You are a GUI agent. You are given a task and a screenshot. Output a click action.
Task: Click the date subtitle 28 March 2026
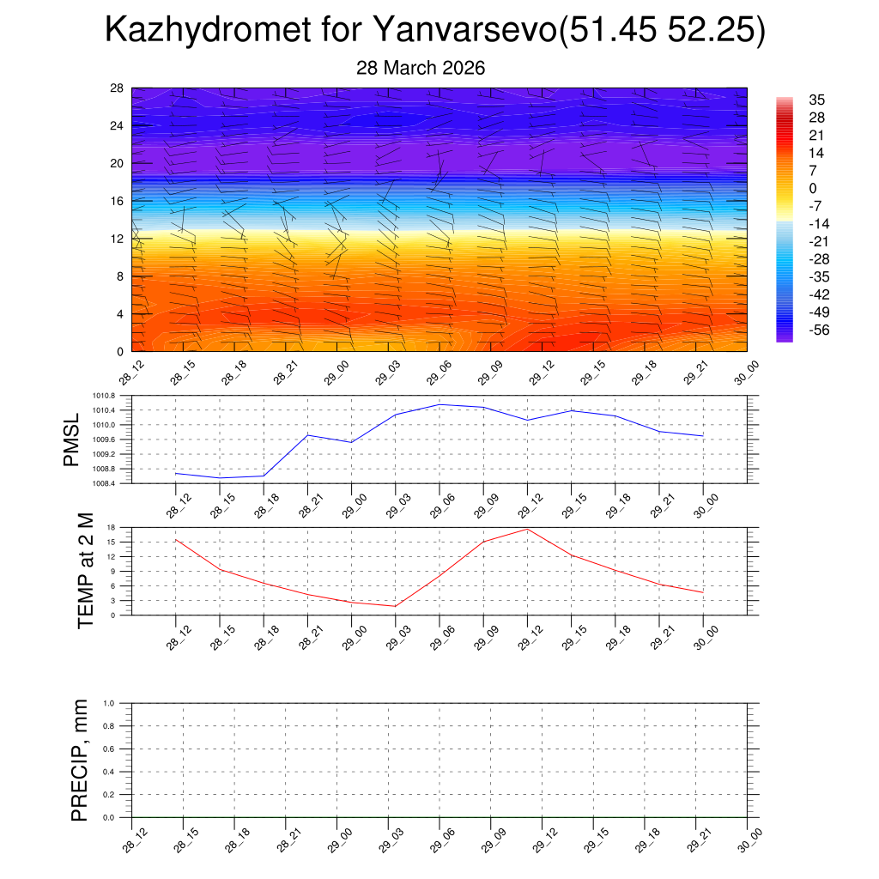[x=421, y=68]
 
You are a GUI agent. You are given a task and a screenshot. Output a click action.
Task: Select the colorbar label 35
[x=817, y=100]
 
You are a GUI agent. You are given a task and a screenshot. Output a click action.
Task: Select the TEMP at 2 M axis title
[x=86, y=570]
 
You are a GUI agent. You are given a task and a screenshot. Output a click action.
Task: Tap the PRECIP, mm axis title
[x=80, y=760]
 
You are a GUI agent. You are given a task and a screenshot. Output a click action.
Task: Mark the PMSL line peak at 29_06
[x=439, y=404]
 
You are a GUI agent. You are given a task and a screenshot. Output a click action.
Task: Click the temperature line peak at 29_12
[x=528, y=529]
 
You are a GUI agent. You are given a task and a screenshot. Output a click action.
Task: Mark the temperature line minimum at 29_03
[x=396, y=606]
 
